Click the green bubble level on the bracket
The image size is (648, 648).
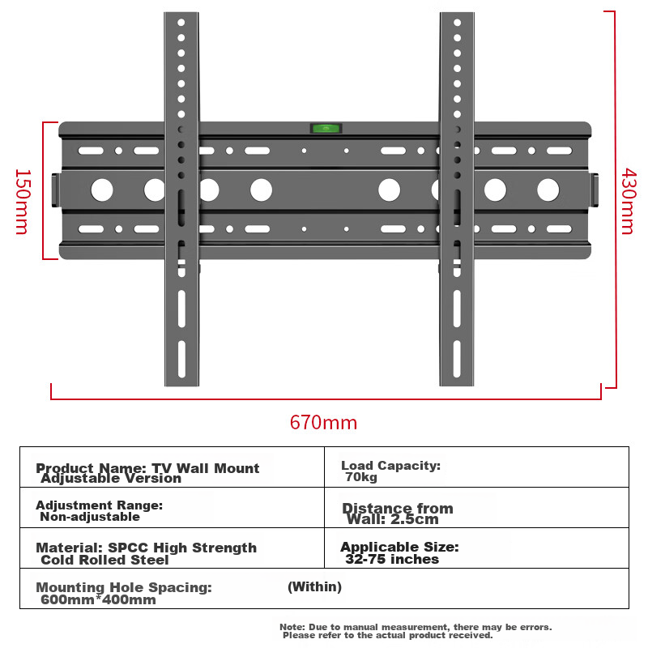click(326, 128)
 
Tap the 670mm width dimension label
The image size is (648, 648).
click(323, 423)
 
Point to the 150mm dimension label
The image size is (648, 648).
click(22, 201)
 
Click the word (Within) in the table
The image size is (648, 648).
click(314, 586)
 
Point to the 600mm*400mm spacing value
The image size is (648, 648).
click(98, 600)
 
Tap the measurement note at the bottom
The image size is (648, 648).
click(416, 630)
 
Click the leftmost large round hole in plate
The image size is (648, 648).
click(102, 190)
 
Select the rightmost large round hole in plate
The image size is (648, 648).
click(548, 190)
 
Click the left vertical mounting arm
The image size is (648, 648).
click(181, 324)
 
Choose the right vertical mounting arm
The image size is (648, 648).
click(457, 324)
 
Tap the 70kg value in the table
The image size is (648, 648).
click(361, 477)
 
